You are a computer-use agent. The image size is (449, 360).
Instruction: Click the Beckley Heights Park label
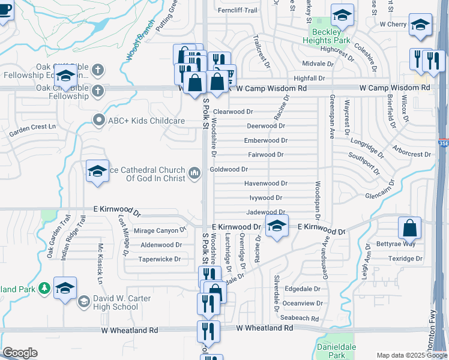[x=330, y=36]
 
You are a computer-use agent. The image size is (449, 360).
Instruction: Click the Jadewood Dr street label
[x=265, y=212]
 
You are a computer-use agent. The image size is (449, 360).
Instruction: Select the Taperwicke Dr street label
[x=159, y=259]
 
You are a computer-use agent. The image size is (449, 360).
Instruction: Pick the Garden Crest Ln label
[x=32, y=127]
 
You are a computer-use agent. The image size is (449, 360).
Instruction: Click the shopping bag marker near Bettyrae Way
[x=409, y=229]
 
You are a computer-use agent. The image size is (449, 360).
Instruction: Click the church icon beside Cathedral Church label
[x=194, y=174]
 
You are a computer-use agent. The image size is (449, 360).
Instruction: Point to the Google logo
[x=19, y=353]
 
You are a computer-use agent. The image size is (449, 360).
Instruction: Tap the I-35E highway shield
[x=443, y=144]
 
